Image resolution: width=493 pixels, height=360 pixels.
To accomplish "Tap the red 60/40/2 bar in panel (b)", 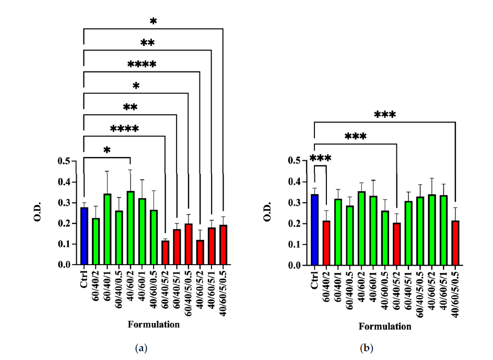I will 326,243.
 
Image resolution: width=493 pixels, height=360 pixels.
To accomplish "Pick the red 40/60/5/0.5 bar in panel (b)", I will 456,243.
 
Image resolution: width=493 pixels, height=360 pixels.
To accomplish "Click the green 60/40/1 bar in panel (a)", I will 107,230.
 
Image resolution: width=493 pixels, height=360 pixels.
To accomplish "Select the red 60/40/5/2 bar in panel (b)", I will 397,244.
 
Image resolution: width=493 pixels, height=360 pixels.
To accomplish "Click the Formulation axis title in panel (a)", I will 154,325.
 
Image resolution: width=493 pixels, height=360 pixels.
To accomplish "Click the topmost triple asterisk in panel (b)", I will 385,114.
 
